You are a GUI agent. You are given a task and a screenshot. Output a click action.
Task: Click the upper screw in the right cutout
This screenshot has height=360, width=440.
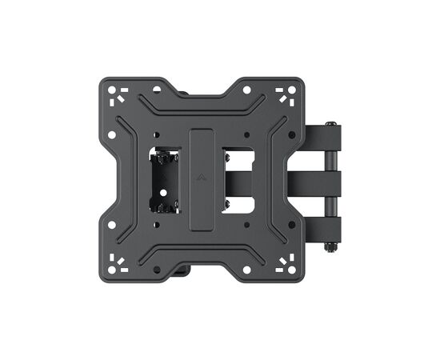coord(228,153)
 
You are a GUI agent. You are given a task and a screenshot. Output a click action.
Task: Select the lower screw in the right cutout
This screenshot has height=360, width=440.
coord(228,206)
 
